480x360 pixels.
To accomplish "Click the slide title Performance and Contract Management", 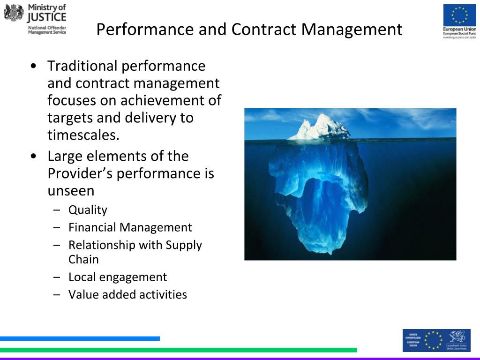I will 249,29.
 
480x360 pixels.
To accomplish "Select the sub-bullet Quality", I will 88,210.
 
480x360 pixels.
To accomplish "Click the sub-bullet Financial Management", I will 130,227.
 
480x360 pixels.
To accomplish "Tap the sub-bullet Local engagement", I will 117,277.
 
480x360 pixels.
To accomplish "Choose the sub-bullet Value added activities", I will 127,294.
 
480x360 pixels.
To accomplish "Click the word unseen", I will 71,191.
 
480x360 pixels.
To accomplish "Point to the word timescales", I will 83,135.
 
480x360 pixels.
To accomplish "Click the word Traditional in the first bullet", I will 82,66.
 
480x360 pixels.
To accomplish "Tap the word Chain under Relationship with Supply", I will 83,259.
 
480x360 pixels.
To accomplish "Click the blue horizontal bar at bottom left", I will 80,338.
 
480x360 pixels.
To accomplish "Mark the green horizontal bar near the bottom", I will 178,350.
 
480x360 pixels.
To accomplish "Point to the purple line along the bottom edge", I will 240,358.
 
